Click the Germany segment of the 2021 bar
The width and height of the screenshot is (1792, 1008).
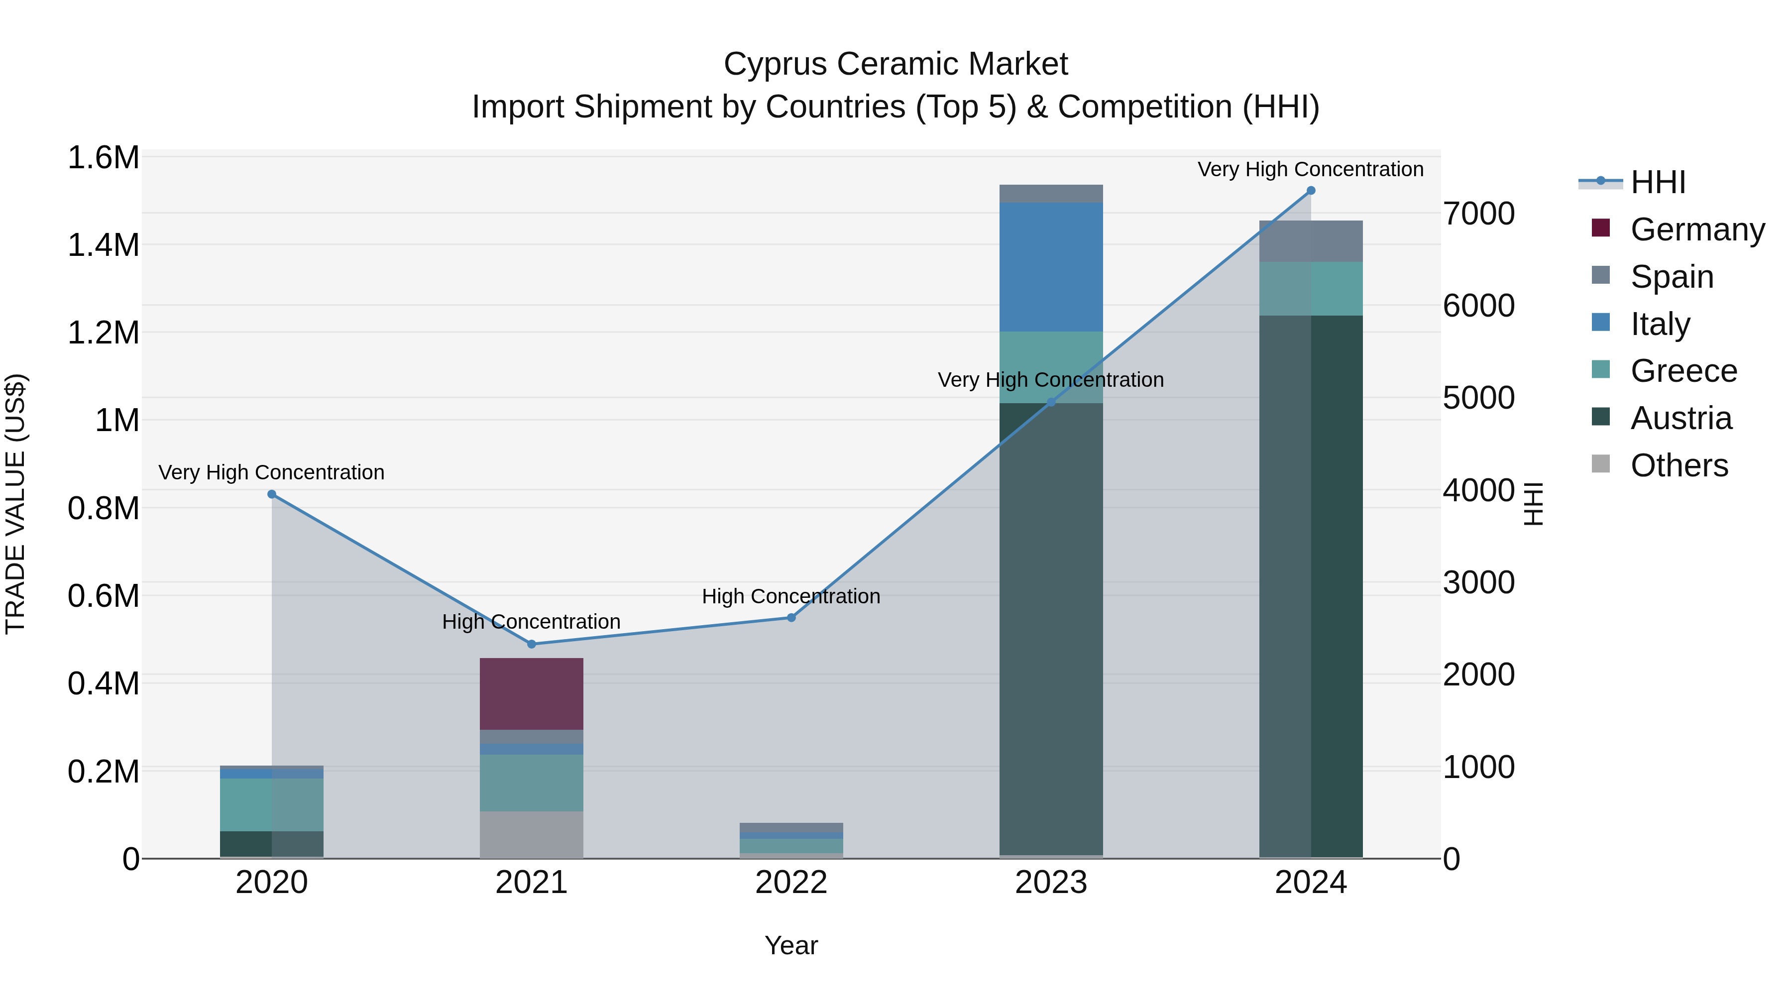click(x=532, y=693)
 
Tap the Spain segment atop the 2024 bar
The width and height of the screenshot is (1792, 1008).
click(x=1311, y=241)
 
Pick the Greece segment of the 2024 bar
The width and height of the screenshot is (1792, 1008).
click(x=1311, y=289)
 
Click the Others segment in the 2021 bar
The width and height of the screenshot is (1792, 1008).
click(x=532, y=834)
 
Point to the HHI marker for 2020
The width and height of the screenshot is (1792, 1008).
click(x=272, y=495)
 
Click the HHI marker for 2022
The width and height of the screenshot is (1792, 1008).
click(x=791, y=618)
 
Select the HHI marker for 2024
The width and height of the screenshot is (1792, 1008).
click(x=1311, y=191)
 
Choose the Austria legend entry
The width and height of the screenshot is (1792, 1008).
click(x=1680, y=418)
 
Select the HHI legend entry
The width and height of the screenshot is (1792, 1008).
click(x=1657, y=182)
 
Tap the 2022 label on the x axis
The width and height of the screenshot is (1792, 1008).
click(x=791, y=883)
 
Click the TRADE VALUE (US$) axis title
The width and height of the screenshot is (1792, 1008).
click(x=15, y=504)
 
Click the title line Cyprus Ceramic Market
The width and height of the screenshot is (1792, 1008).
click(x=896, y=64)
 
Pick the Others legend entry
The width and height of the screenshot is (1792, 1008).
click(x=1678, y=465)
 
